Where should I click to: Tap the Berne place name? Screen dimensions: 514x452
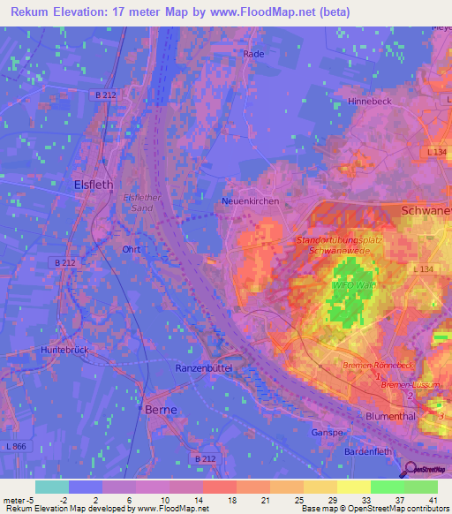click(162, 410)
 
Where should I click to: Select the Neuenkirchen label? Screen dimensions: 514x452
click(250, 201)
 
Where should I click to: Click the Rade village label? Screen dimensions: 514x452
click(253, 54)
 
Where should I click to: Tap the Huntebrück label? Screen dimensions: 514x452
click(64, 350)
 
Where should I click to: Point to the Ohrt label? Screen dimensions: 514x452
click(132, 249)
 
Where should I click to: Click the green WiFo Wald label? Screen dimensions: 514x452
click(350, 286)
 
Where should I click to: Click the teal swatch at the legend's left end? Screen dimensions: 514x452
click(52, 487)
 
